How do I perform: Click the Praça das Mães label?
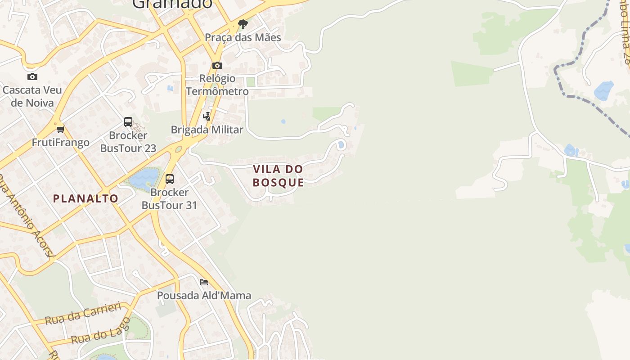[243, 37]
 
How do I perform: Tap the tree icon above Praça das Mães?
[243, 24]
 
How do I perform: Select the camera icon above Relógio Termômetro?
[217, 66]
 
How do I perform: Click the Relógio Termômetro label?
[217, 85]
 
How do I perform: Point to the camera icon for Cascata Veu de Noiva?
[32, 76]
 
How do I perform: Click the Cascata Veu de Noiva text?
[32, 96]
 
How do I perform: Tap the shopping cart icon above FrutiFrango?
[60, 130]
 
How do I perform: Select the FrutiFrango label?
[60, 143]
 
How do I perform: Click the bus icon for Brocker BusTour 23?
[128, 122]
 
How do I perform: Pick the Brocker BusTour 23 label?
[128, 142]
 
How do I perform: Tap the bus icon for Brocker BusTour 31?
[170, 179]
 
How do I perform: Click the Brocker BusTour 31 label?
[170, 198]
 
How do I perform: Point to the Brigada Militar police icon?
[207, 117]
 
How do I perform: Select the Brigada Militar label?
[207, 130]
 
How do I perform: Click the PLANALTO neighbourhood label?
[85, 198]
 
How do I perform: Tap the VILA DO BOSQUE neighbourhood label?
[278, 176]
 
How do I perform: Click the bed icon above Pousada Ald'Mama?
[204, 282]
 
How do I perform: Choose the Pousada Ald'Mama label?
[204, 296]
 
